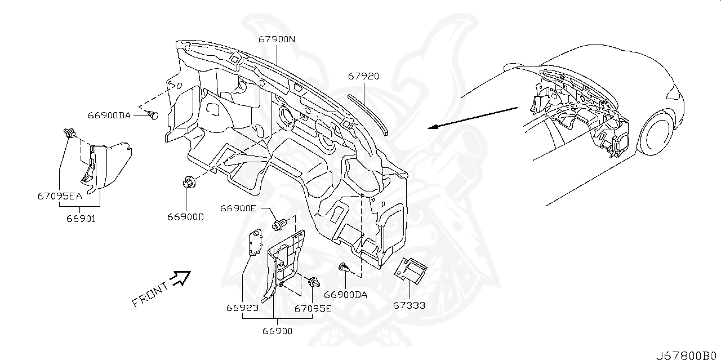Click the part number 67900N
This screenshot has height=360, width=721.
(277, 39)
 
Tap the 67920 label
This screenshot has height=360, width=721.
(363, 76)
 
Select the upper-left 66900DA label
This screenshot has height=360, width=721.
(109, 115)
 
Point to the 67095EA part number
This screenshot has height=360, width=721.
(60, 197)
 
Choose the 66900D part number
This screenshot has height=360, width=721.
(185, 216)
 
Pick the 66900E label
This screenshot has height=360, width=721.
(238, 208)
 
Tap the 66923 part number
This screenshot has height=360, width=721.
(243, 308)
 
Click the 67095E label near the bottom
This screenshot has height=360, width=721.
(313, 308)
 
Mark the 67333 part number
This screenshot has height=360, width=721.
(409, 305)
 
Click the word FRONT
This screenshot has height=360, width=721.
(150, 295)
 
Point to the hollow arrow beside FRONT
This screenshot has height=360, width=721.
(181, 277)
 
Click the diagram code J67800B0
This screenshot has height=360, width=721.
(688, 355)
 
